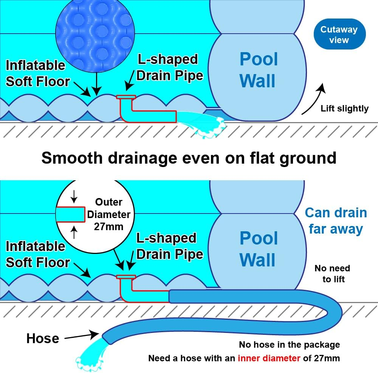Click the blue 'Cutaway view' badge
click(339, 34)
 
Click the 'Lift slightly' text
click(344, 108)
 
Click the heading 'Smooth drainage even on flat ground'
click(189, 158)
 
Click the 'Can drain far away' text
click(336, 221)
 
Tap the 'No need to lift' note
click(332, 274)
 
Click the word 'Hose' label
click(42, 338)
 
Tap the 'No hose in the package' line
click(289, 345)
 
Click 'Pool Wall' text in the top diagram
click(259, 70)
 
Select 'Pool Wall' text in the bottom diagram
click(259, 249)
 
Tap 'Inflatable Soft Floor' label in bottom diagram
click(38, 254)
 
